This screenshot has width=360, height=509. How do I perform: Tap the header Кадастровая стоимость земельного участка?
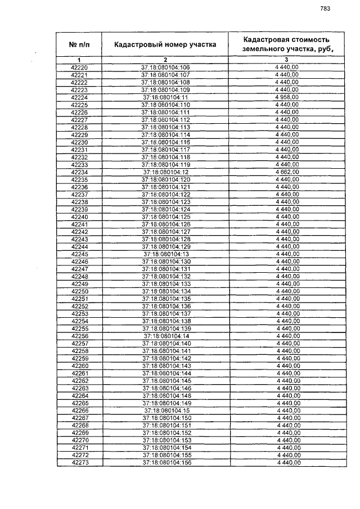tap(286, 44)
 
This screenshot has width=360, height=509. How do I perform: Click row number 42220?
tap(79, 67)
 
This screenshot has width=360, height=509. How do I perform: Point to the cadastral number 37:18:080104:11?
tap(165, 97)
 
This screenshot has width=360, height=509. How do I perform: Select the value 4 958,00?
tap(286, 97)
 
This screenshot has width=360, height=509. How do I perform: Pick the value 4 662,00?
tap(286, 172)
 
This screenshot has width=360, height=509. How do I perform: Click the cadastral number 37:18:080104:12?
tap(165, 172)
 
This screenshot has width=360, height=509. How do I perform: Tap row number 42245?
tap(79, 254)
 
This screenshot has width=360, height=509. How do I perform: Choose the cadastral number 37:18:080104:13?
tap(165, 254)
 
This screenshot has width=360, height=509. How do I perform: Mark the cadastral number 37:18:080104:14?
tap(165, 336)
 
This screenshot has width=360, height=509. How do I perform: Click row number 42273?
tap(79, 462)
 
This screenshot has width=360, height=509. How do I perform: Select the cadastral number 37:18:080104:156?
tap(165, 462)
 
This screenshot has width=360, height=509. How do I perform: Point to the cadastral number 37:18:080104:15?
tap(165, 411)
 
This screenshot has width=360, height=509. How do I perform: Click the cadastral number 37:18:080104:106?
tap(165, 67)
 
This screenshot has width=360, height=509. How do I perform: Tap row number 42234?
tap(79, 172)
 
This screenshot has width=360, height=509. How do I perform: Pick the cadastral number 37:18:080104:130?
tap(165, 262)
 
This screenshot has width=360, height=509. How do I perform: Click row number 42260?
tap(79, 366)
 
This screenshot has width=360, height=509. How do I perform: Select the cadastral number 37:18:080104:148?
tap(165, 395)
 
